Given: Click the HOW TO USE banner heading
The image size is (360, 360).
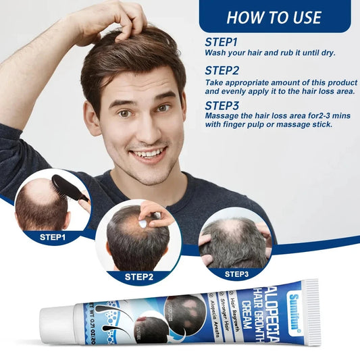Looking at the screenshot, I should pos(274,17).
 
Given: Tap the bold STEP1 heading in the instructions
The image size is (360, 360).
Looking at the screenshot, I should pos(222,42).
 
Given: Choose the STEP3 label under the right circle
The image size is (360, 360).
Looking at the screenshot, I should pos(236,274).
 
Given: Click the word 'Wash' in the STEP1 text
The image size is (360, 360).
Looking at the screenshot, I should pos(215,53).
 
